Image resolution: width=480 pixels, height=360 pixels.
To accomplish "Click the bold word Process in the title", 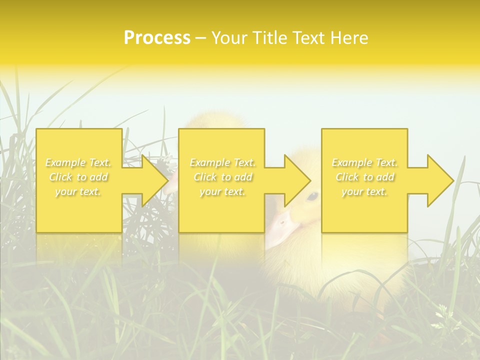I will (157, 37).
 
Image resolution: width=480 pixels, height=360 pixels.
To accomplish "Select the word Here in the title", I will (349, 37).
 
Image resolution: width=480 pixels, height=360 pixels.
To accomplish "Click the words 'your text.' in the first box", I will (78, 191).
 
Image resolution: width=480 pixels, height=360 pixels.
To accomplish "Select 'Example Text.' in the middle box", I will (222, 162).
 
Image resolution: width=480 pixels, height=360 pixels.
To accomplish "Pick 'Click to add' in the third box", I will (364, 177).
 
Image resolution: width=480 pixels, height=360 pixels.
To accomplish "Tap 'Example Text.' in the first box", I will (78, 162).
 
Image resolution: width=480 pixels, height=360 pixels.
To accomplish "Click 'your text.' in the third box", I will (364, 191).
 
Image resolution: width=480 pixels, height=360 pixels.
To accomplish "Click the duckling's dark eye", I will (312, 195).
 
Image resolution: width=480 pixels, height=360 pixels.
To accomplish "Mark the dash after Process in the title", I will (200, 38).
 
